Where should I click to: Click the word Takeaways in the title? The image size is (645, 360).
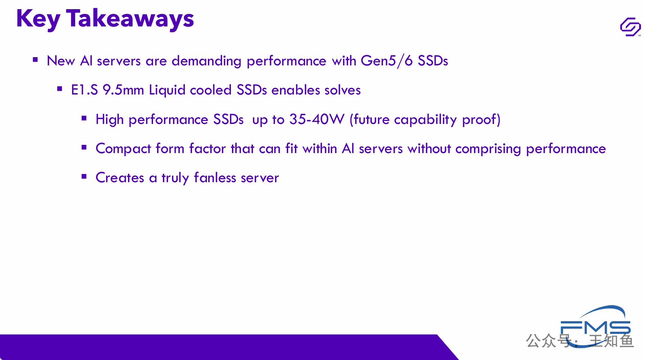130,19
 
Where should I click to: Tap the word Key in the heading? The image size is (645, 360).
38,19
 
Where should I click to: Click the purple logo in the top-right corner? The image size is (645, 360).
630,27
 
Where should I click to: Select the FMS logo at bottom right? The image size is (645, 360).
595,326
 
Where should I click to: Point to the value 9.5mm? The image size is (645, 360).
123,90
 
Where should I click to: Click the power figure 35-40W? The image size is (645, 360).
317,120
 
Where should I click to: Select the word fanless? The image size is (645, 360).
215,177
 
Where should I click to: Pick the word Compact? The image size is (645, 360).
123,149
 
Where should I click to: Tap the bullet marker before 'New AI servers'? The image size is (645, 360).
35,60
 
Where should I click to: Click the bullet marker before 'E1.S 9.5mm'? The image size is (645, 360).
60,89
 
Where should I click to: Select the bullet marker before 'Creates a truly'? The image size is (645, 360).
84,176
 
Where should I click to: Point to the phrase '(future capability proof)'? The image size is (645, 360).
425,120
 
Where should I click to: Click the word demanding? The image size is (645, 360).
207,61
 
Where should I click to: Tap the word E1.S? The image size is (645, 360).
84,90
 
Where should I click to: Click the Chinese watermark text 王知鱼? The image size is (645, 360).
611,341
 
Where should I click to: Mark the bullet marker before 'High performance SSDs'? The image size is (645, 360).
84,118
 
